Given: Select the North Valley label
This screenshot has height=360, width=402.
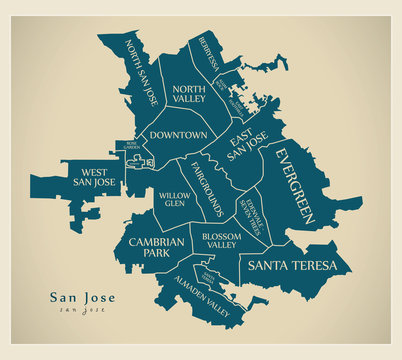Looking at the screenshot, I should pos(190,92).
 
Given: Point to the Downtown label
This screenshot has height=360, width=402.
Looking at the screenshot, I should pos(179,134).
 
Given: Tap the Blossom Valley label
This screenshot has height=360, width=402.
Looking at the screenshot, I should pos(219,240).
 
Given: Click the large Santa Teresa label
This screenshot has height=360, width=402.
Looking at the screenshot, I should pos(294,265).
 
